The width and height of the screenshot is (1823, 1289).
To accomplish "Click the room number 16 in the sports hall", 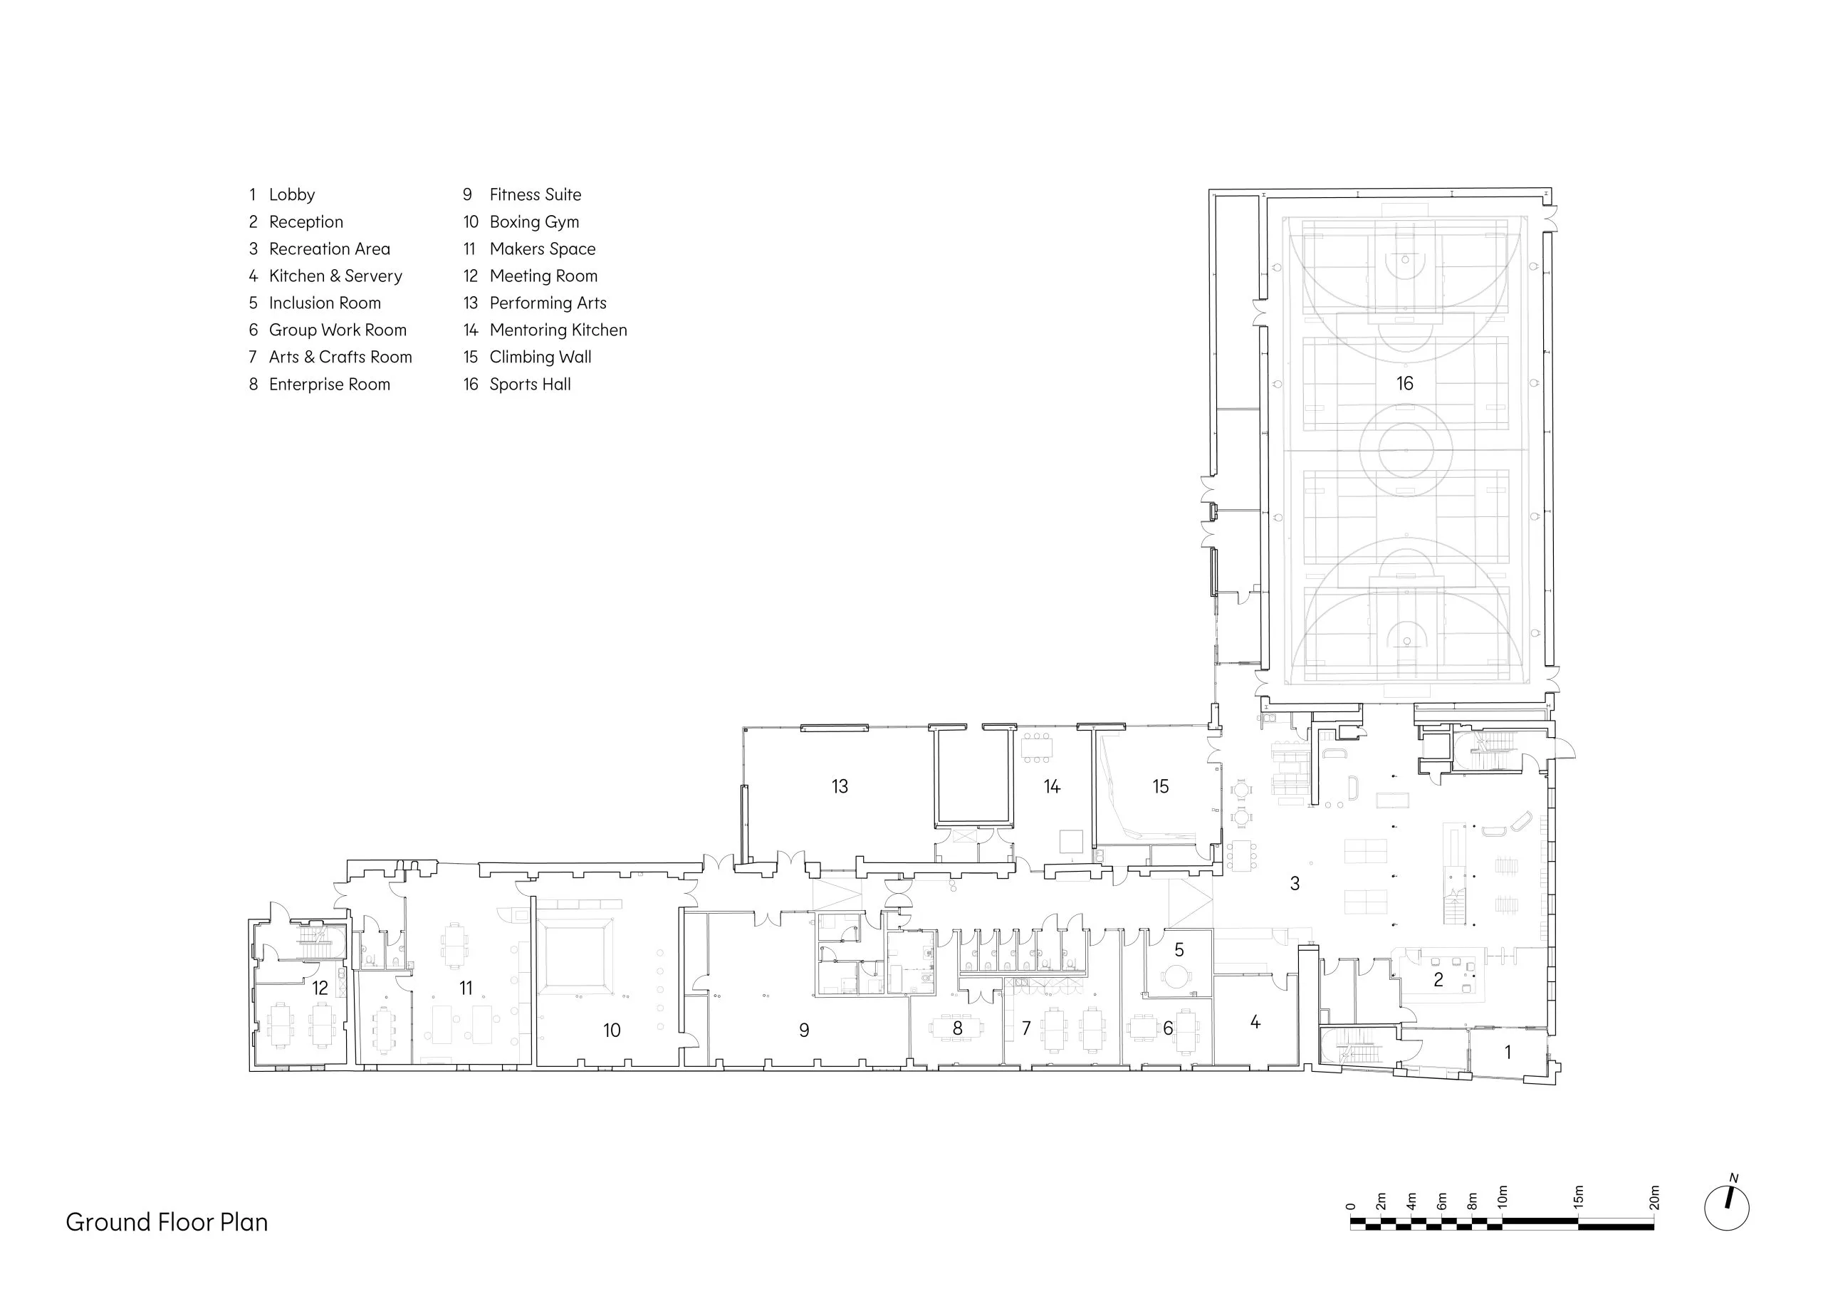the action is pyautogui.click(x=1404, y=384).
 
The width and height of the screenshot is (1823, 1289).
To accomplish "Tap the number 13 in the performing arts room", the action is pyautogui.click(x=840, y=786).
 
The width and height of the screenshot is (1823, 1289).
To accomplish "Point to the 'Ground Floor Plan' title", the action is pyautogui.click(x=167, y=1221).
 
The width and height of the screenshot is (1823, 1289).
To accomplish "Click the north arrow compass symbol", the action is pyautogui.click(x=1727, y=1207).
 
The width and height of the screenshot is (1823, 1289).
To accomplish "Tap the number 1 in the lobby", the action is pyautogui.click(x=1508, y=1053).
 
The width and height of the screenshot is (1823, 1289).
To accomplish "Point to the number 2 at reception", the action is pyautogui.click(x=1438, y=980).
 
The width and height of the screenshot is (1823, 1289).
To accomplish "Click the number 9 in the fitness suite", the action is pyautogui.click(x=803, y=1030).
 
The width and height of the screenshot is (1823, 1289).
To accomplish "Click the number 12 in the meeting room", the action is pyautogui.click(x=320, y=988).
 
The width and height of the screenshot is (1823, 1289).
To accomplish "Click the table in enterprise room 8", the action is pyautogui.click(x=957, y=1028).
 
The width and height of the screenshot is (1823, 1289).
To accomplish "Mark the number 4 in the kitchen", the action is pyautogui.click(x=1255, y=1022).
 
